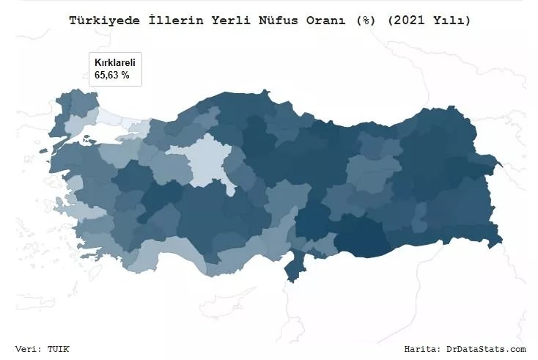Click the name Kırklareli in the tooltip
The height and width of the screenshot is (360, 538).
[115, 62]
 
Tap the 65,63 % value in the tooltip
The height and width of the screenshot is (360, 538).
[112, 74]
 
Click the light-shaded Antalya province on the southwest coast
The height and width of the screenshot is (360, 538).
[158, 253]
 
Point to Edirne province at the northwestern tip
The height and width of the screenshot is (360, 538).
[61, 110]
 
